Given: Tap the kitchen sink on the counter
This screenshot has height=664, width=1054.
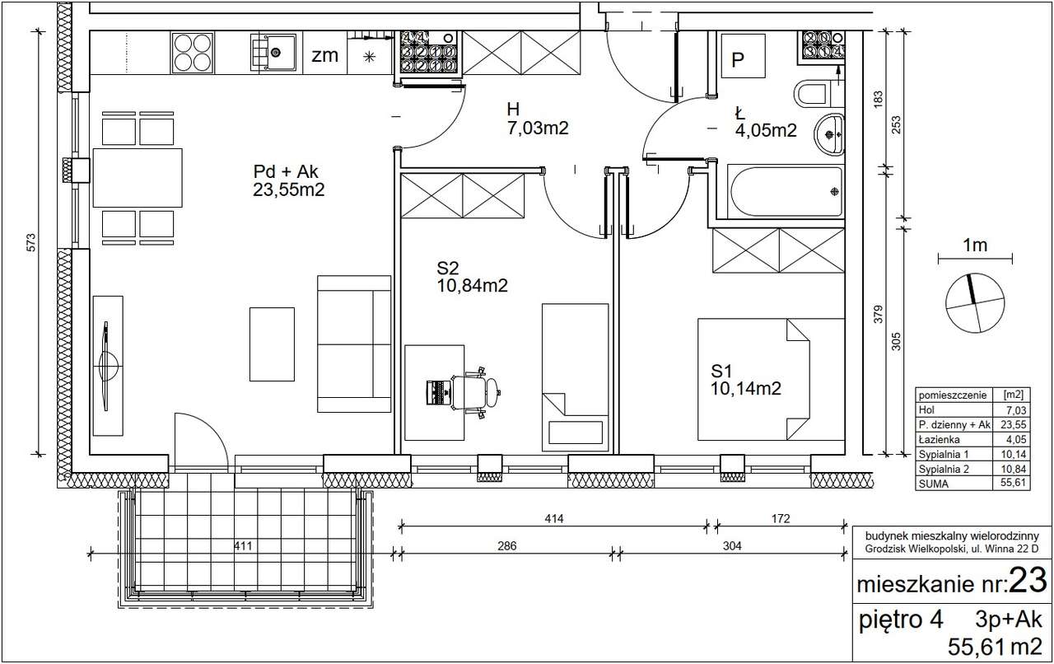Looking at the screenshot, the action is pos(273,52).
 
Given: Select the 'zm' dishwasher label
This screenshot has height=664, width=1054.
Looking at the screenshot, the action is pos(324,55).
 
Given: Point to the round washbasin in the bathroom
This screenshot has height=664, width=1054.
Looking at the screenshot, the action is pos(829,134).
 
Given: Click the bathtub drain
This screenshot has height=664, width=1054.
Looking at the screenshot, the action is pos(834,191).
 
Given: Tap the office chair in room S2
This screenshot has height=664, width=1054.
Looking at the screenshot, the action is pos(475,392).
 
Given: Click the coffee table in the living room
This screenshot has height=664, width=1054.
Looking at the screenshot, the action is pos(272,344).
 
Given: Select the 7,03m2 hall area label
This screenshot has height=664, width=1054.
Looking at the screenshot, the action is pos(538,128).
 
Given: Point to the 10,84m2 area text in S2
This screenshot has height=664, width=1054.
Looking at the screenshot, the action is pos(473,286).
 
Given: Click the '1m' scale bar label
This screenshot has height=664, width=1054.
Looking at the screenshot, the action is pos(975,245).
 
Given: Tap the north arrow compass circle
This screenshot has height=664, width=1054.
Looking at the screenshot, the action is pos(975,303).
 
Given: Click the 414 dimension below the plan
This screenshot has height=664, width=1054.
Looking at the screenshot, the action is pos(554,518).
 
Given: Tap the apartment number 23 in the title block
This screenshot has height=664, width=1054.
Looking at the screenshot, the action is pos(1028,580).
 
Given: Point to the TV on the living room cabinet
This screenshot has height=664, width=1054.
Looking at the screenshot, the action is pos(107,366).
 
